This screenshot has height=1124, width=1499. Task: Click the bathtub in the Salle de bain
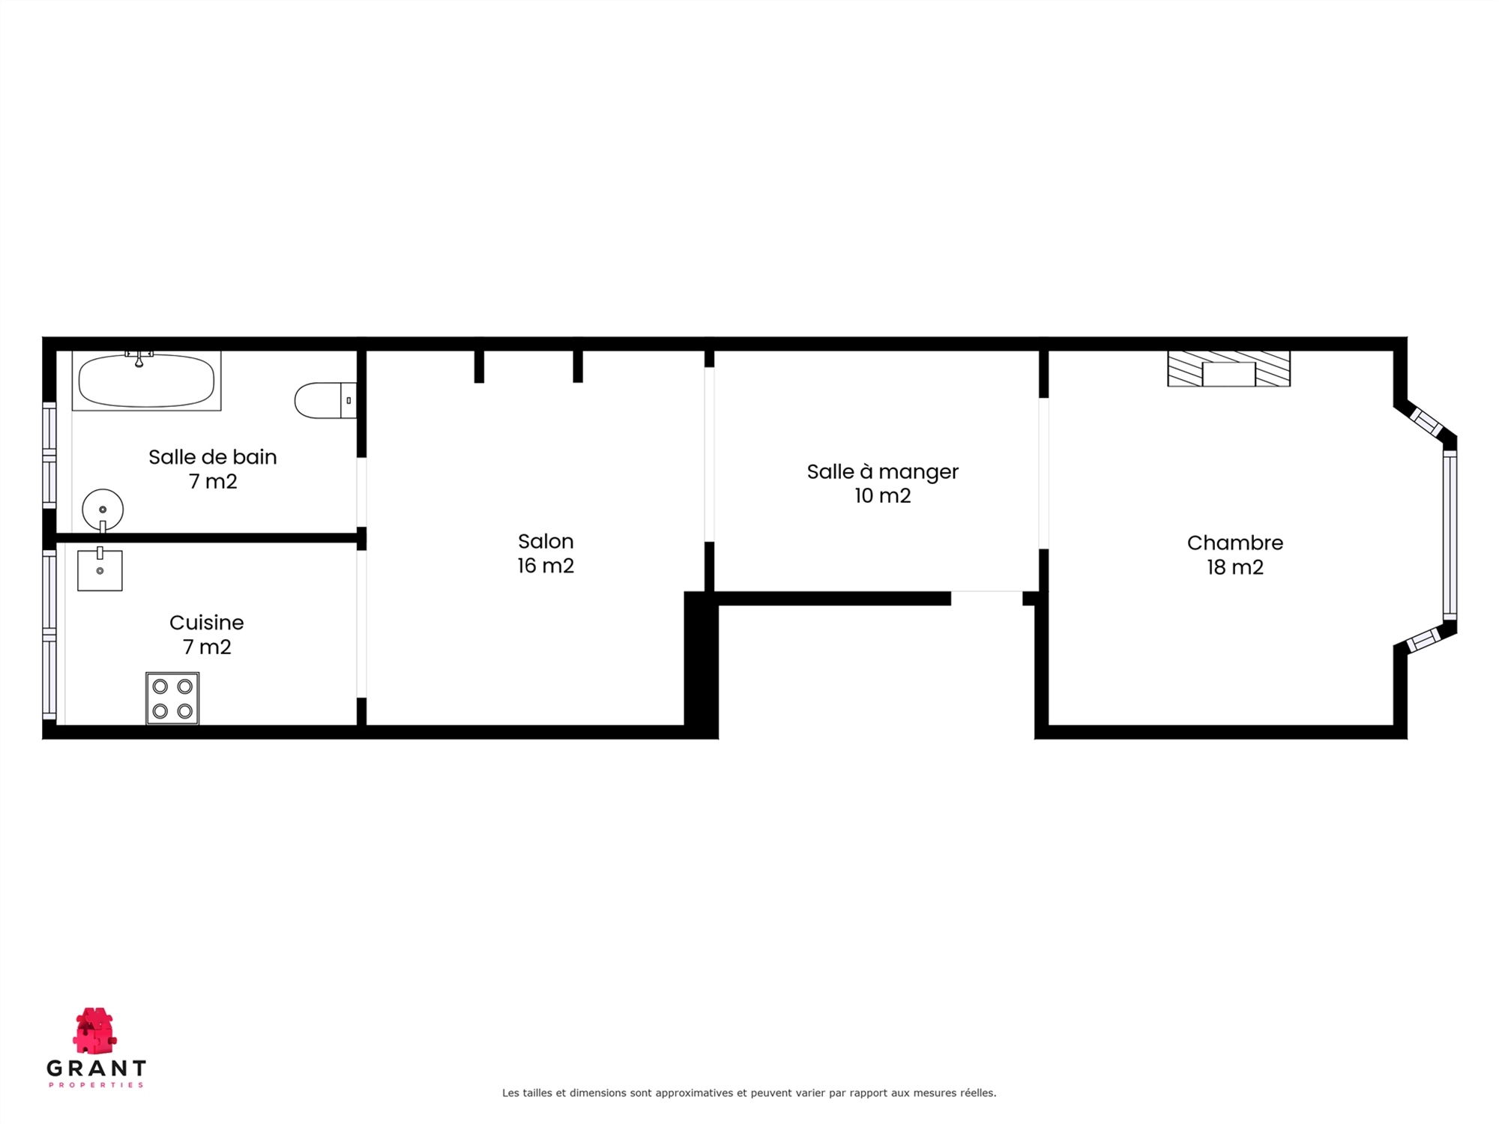[147, 381]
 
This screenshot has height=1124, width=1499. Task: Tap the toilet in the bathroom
[325, 400]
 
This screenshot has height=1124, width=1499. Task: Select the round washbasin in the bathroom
[103, 510]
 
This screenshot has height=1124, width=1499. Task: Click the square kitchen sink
[100, 570]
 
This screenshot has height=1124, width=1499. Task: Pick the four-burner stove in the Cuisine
[172, 698]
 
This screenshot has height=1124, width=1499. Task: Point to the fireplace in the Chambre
[1229, 369]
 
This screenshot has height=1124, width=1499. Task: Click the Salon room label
[546, 541]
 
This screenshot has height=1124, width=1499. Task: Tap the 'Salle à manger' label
[883, 471]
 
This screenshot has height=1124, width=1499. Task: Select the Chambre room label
[1235, 543]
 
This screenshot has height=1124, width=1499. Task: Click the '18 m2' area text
[1235, 567]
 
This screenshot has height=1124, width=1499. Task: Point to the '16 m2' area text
[546, 566]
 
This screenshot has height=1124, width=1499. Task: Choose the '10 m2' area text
[883, 496]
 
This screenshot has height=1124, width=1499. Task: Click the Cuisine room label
[207, 623]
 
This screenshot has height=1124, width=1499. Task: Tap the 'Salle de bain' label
[213, 457]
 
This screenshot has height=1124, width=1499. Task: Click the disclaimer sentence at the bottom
[749, 1093]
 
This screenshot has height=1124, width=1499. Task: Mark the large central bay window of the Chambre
[1450, 535]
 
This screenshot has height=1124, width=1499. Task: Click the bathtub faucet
[139, 358]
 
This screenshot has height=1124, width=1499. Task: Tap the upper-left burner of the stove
[160, 686]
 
